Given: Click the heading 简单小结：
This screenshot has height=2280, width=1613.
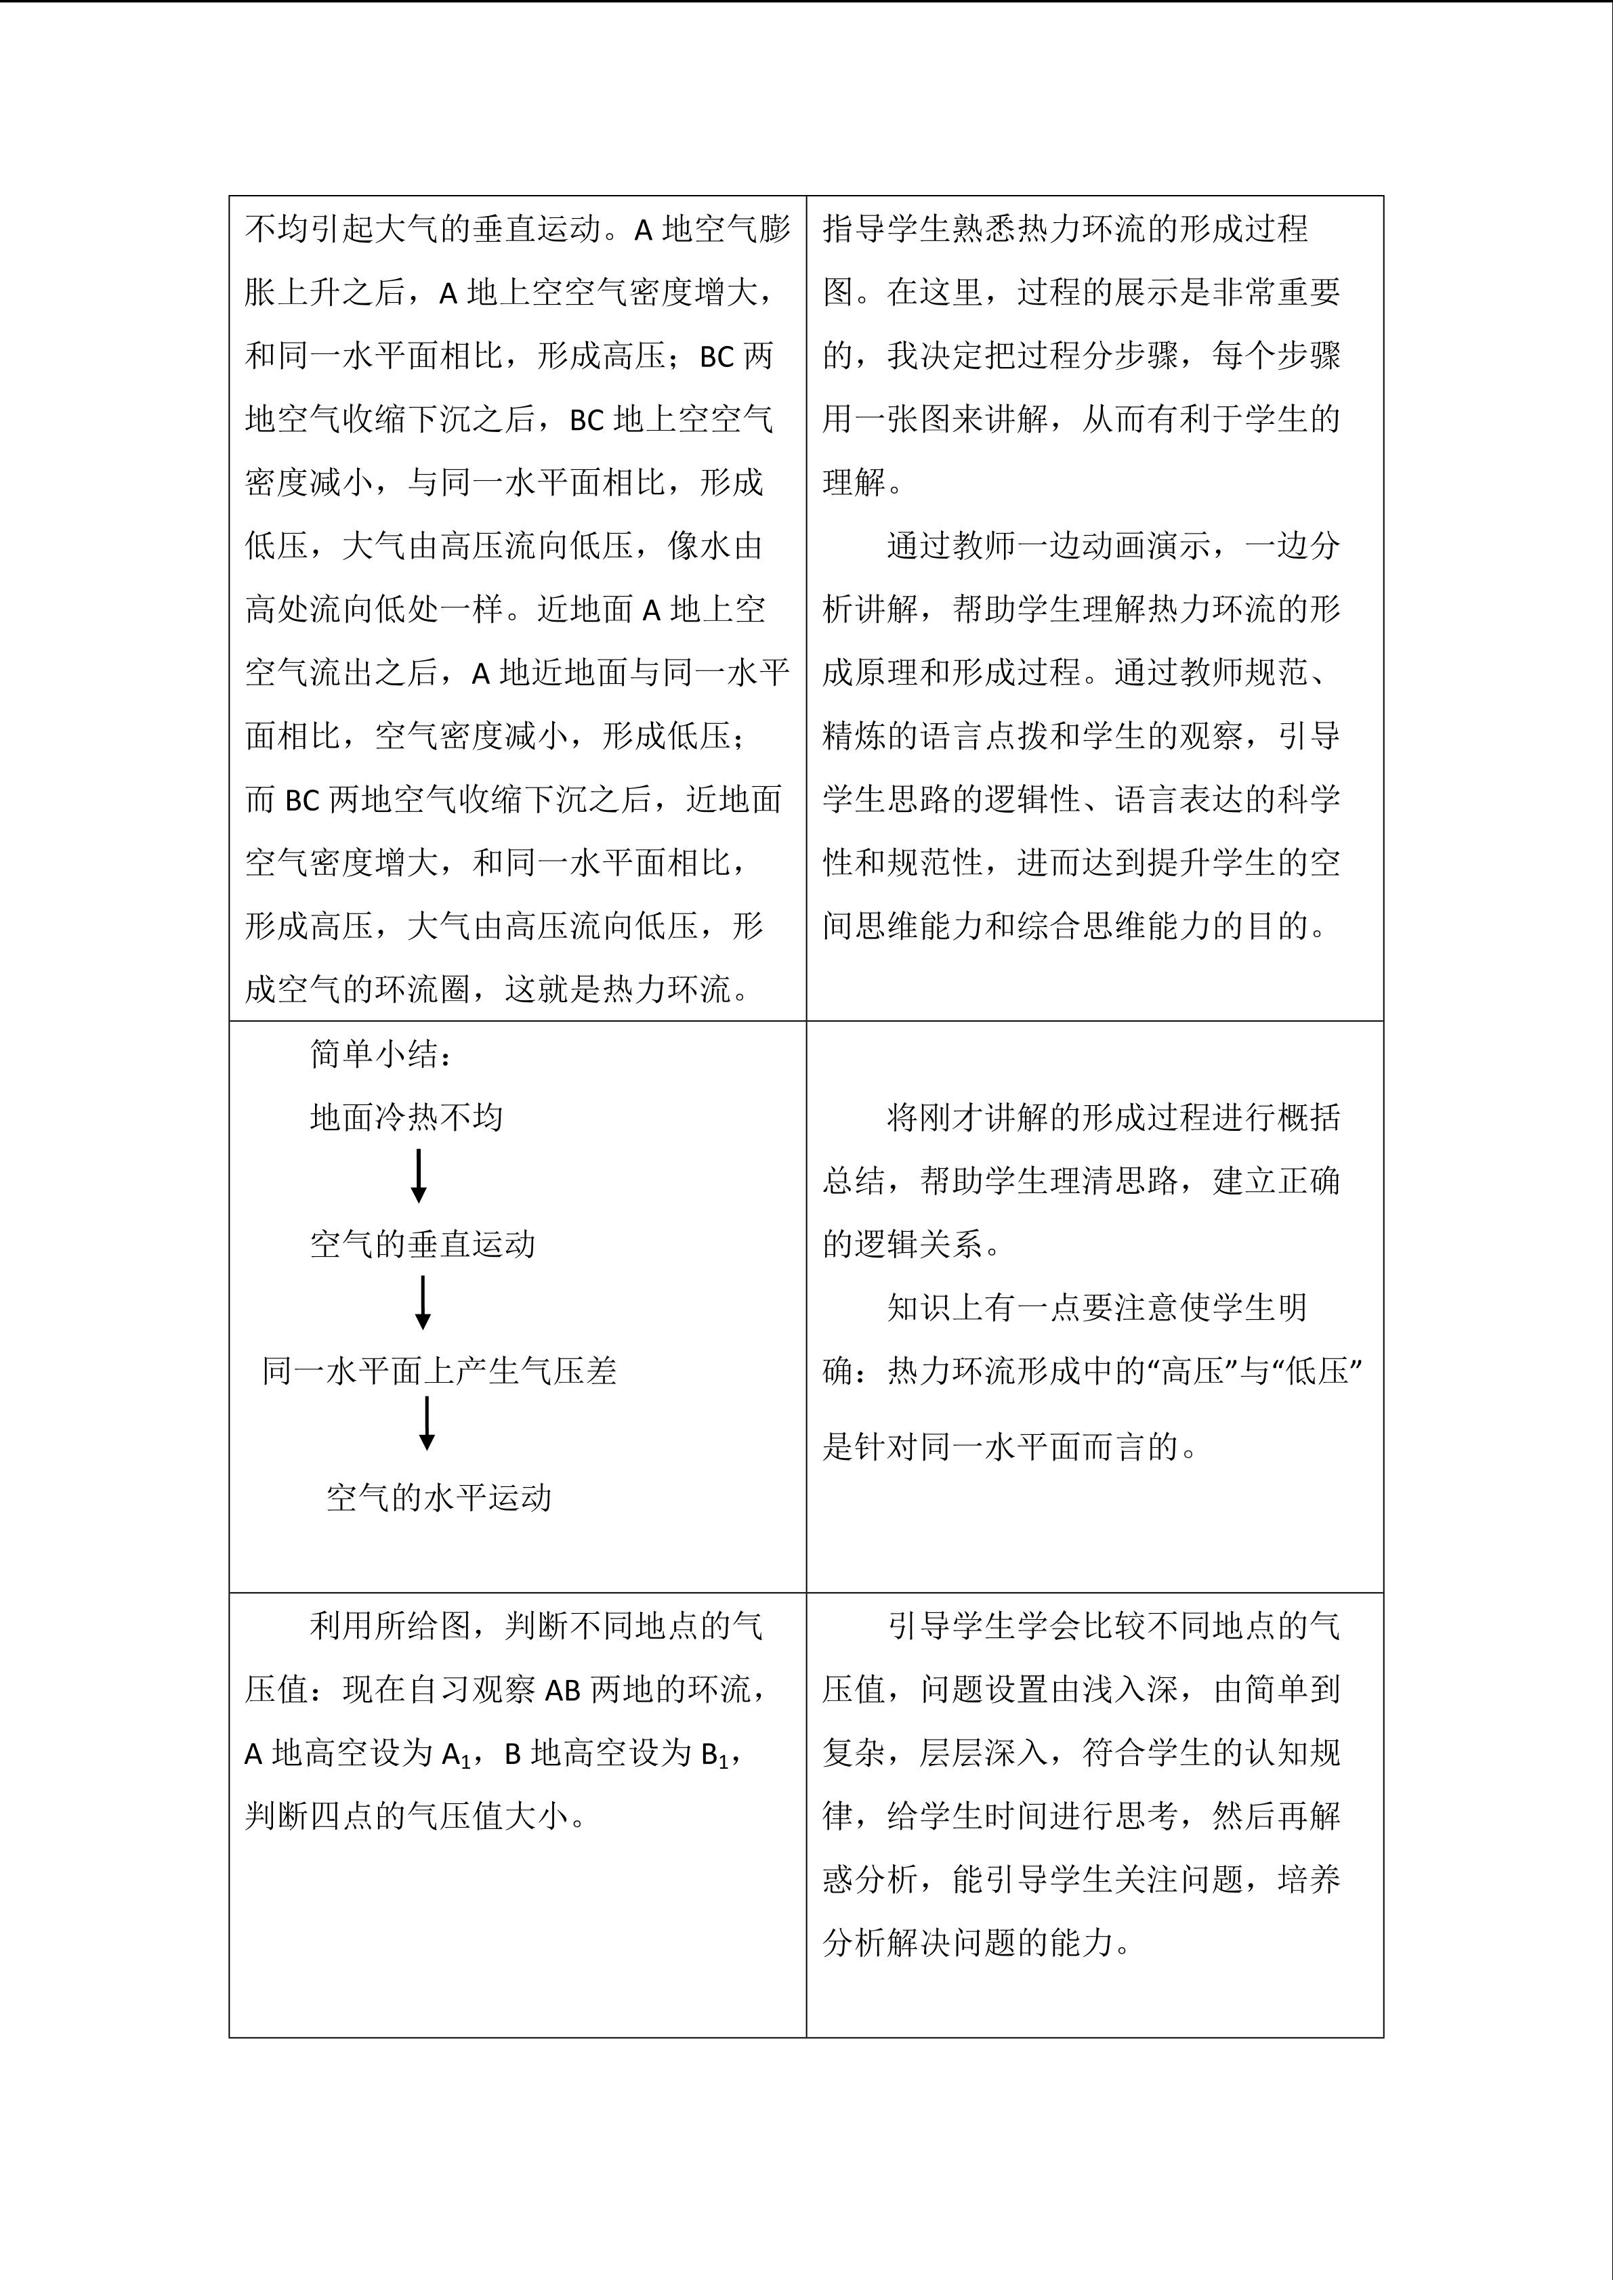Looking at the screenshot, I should tap(381, 1054).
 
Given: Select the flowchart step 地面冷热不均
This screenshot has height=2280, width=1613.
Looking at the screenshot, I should tap(406, 1117).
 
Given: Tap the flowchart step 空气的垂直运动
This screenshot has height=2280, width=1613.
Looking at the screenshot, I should tap(422, 1243).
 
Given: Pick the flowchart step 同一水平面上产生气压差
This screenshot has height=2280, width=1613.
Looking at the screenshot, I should tap(439, 1371).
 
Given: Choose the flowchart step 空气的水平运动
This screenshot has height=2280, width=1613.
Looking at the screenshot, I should tap(438, 1497).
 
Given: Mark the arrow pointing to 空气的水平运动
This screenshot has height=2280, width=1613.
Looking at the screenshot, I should tap(427, 1424).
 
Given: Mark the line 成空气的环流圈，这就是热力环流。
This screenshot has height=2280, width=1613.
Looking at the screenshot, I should tap(498, 989).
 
